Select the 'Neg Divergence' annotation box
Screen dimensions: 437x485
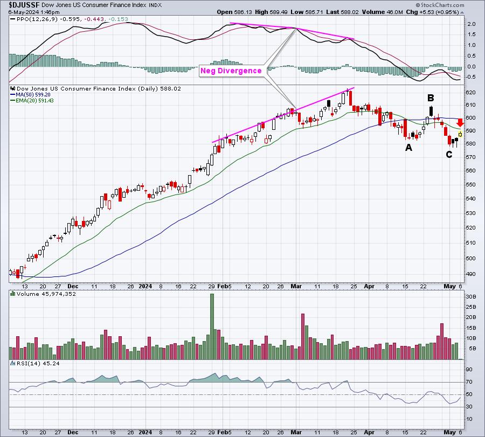point(231,71)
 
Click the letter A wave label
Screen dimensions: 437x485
point(408,147)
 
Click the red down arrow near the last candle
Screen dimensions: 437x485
point(460,123)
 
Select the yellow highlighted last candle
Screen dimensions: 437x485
point(460,133)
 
